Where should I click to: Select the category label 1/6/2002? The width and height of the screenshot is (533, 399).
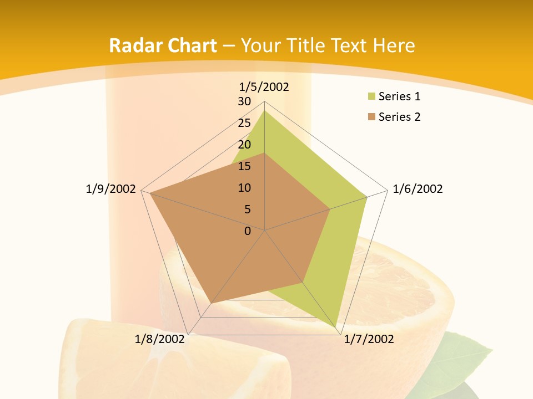(x=418, y=189)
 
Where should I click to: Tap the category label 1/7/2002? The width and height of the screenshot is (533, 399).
(x=369, y=339)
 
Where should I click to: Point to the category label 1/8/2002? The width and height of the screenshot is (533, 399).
(x=159, y=339)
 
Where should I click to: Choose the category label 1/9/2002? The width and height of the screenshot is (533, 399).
(x=110, y=189)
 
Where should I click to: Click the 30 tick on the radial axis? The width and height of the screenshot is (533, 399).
(x=244, y=101)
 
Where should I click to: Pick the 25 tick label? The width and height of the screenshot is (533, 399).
(x=244, y=123)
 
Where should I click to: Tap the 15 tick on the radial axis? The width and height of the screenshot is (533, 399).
(x=244, y=166)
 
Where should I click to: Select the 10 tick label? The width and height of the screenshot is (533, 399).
(x=244, y=188)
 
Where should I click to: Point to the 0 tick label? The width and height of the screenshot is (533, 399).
(x=248, y=231)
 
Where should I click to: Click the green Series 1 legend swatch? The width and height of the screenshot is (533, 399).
(x=371, y=97)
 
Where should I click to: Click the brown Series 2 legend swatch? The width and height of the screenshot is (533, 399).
(x=371, y=117)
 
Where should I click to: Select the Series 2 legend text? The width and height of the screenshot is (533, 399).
(x=399, y=117)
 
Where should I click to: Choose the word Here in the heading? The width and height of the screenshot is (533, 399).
(x=394, y=45)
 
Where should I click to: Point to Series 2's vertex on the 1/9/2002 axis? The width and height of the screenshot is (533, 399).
(x=150, y=193)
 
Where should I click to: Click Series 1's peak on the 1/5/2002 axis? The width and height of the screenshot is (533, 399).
(x=264, y=110)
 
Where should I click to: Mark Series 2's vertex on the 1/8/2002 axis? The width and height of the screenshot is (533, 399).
(x=212, y=303)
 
